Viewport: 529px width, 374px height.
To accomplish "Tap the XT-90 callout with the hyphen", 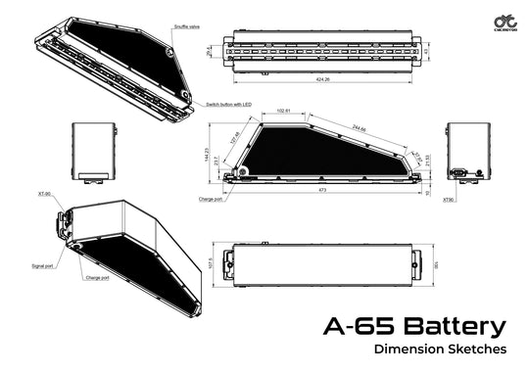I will [45, 194].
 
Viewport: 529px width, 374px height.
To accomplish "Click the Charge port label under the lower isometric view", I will [97, 277].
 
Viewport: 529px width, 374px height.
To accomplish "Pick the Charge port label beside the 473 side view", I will [209, 199].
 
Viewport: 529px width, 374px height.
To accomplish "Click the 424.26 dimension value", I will [321, 78].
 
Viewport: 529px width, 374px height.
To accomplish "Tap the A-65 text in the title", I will [355, 326].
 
